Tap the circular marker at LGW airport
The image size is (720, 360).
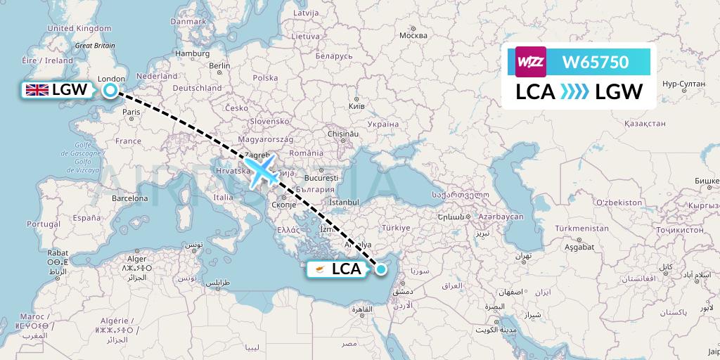(x=110, y=89)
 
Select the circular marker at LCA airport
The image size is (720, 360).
(x=381, y=268)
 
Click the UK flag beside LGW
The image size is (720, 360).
(x=36, y=89)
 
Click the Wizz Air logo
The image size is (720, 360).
(x=531, y=62)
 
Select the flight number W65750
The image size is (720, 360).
(x=596, y=62)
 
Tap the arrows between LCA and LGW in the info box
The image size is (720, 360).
(x=575, y=91)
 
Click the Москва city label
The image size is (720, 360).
(x=413, y=35)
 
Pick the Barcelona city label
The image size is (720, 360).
(x=127, y=198)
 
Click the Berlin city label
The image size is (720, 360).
(x=219, y=66)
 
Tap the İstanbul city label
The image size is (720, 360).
(x=344, y=202)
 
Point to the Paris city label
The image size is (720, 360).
(x=131, y=112)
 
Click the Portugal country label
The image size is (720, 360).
(x=41, y=224)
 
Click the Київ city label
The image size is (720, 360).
(x=356, y=106)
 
